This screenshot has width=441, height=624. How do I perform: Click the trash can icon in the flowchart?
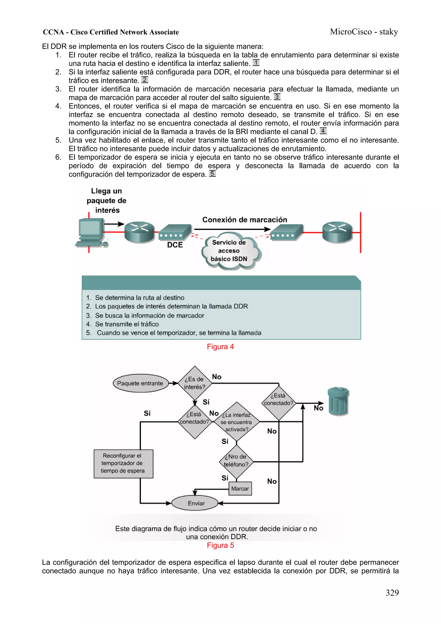tap(338, 401)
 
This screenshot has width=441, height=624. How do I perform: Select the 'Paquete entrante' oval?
tap(140, 383)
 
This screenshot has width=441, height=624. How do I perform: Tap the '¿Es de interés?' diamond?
tap(194, 383)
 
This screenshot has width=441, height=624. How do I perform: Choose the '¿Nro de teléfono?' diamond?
tap(236, 461)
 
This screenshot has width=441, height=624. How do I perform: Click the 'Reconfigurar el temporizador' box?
tap(123, 463)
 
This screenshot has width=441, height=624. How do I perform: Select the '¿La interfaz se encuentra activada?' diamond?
tap(236, 422)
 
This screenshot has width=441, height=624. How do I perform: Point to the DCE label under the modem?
tap(175, 245)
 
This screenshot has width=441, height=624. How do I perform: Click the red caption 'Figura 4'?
tap(220, 347)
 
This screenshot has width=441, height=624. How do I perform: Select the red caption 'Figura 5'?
tap(220, 545)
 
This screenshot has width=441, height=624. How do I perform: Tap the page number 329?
tap(392, 593)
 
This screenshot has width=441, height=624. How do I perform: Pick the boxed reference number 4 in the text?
tap(323, 131)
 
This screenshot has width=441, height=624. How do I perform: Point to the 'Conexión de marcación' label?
tap(245, 220)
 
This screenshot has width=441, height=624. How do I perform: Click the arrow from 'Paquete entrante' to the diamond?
tap(173, 383)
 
